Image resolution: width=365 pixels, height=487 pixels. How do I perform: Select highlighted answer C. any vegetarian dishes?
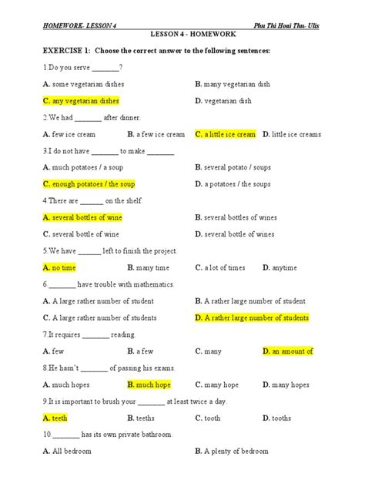(x=81, y=101)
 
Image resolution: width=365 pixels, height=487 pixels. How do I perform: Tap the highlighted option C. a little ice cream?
(x=225, y=134)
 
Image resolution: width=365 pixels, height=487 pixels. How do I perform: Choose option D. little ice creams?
(x=292, y=134)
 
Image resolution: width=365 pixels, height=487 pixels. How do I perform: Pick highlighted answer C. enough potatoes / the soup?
(x=89, y=184)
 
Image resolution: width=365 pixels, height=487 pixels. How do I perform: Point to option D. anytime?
(x=280, y=267)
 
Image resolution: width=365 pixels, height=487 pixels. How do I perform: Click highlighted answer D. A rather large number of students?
(x=252, y=317)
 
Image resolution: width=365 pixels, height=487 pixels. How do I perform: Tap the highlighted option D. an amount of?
(x=287, y=351)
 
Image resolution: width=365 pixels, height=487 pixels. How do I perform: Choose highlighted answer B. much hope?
(x=149, y=385)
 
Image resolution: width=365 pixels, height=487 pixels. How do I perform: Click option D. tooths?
(x=276, y=418)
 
